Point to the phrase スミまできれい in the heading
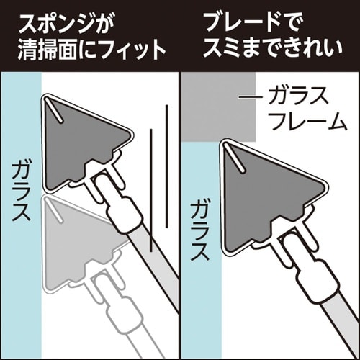(x=269, y=51)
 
